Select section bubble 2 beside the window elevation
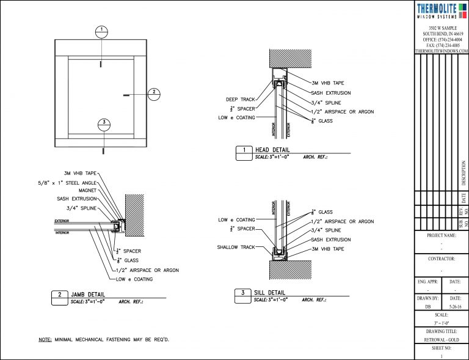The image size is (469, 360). tap(155, 94)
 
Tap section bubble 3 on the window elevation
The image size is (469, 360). tap(104, 124)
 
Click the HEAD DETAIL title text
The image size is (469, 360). tap(272, 150)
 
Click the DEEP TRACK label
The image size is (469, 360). tap(241, 99)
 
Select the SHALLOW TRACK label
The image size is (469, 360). tap(236, 248)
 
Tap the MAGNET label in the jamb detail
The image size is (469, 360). tap(85, 191)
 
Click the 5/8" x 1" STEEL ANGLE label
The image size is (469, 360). tap(66, 182)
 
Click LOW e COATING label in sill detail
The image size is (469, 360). tap(236, 220)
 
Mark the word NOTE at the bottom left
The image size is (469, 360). tap(45, 339)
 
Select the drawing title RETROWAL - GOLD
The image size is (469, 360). tap(442, 339)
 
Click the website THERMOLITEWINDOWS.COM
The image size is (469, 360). tap(442, 51)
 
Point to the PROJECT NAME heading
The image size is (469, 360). tap(442, 235)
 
